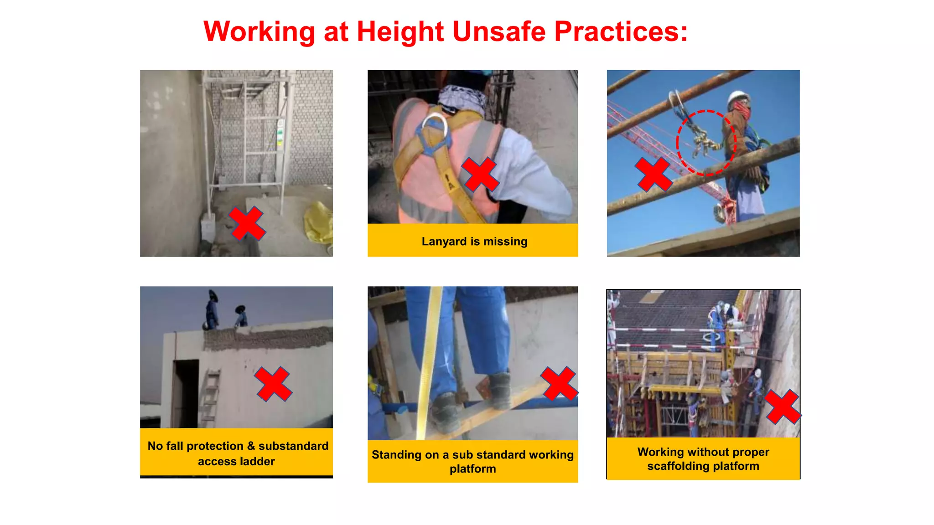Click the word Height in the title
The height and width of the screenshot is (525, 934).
pyautogui.click(x=400, y=32)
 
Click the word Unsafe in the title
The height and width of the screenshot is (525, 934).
pyautogui.click(x=499, y=32)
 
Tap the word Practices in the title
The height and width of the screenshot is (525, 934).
pyautogui.click(x=621, y=32)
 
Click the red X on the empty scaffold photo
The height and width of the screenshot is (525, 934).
pyautogui.click(x=247, y=223)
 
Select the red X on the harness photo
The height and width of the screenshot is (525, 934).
pyautogui.click(x=480, y=175)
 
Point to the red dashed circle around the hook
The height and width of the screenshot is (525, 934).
pyautogui.click(x=706, y=143)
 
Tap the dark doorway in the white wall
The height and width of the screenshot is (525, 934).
pyautogui.click(x=186, y=392)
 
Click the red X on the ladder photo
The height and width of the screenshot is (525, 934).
pyautogui.click(x=273, y=384)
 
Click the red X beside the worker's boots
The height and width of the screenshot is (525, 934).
pyautogui.click(x=559, y=384)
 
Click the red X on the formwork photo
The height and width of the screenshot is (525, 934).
pyautogui.click(x=782, y=407)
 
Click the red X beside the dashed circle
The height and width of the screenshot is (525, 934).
pyautogui.click(x=654, y=175)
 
